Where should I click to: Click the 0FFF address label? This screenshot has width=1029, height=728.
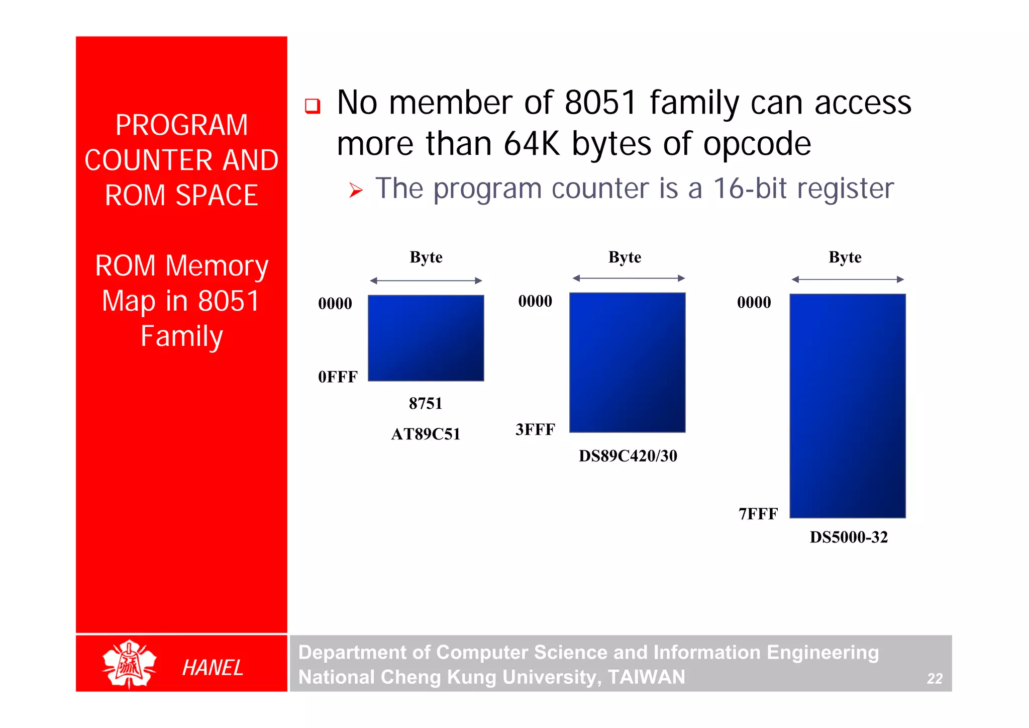tap(338, 377)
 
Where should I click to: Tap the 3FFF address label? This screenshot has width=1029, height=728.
tap(535, 430)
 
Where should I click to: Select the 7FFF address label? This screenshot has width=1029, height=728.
tap(758, 514)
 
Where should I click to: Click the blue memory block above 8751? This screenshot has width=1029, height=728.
tap(426, 338)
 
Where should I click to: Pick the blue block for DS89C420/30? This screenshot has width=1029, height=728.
tap(627, 362)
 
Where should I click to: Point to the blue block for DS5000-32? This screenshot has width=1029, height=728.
tap(848, 406)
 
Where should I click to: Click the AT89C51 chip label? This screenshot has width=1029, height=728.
tap(426, 434)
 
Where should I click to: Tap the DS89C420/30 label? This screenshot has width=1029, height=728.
tap(628, 456)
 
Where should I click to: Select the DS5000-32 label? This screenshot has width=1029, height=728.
tap(849, 537)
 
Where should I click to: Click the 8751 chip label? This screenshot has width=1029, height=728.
tap(426, 403)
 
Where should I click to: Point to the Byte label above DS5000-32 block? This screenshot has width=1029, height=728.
tap(845, 257)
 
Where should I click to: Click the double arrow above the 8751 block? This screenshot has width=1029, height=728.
tap(426, 281)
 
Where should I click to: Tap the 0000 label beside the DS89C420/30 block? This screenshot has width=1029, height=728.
tap(535, 301)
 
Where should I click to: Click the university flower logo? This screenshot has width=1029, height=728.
tap(129, 664)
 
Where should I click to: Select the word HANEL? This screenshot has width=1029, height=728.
tap(213, 668)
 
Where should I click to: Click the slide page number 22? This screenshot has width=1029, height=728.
tap(935, 679)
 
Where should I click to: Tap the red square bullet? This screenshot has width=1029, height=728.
tap(313, 106)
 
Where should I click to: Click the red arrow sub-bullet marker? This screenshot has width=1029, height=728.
tap(356, 191)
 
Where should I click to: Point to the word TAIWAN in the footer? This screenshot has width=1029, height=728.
tap(646, 677)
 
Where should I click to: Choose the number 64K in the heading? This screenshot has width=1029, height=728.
tap(532, 144)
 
